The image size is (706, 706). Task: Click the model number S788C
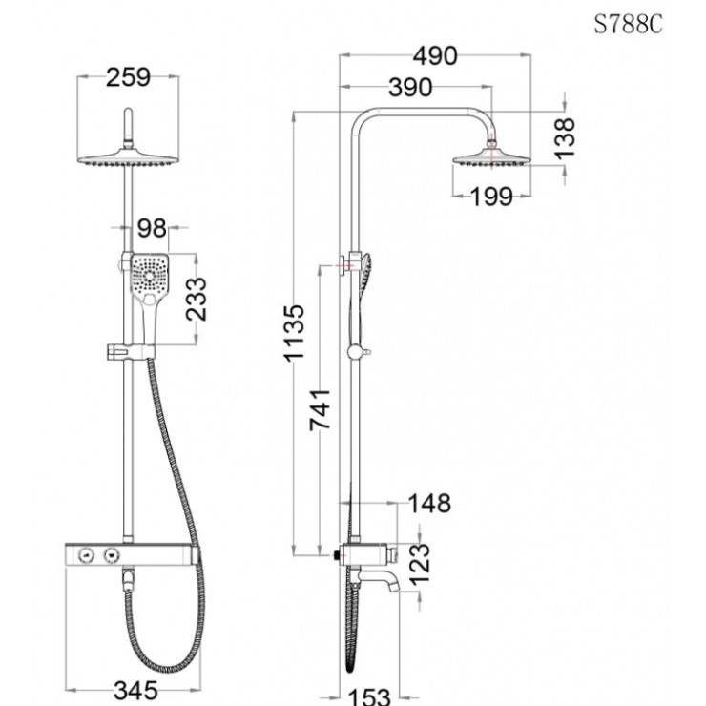(627, 25)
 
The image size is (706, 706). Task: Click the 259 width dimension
(128, 77)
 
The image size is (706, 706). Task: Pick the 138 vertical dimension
(566, 137)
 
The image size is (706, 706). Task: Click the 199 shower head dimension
(491, 197)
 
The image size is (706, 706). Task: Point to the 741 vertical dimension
(322, 408)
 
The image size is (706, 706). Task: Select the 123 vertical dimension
(422, 562)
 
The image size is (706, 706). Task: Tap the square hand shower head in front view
(151, 276)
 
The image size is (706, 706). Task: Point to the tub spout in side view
(397, 577)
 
